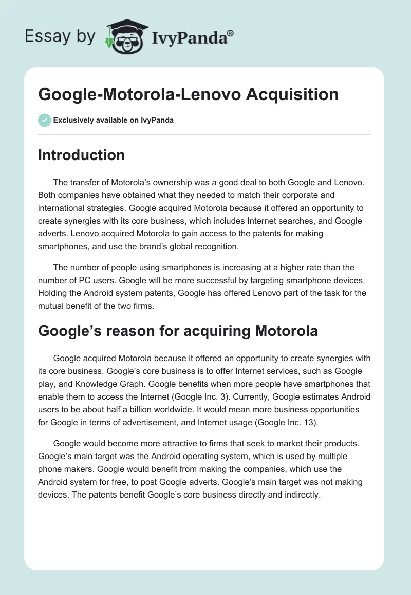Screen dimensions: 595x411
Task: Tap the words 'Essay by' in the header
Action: coord(60,36)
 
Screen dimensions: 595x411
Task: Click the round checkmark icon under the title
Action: coord(44,120)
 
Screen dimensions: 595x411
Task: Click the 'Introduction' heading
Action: coord(81,155)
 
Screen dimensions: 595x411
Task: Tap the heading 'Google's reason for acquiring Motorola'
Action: coord(178,331)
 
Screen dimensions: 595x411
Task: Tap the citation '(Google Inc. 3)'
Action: coord(232,396)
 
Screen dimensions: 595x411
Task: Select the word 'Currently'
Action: coord(285,396)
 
